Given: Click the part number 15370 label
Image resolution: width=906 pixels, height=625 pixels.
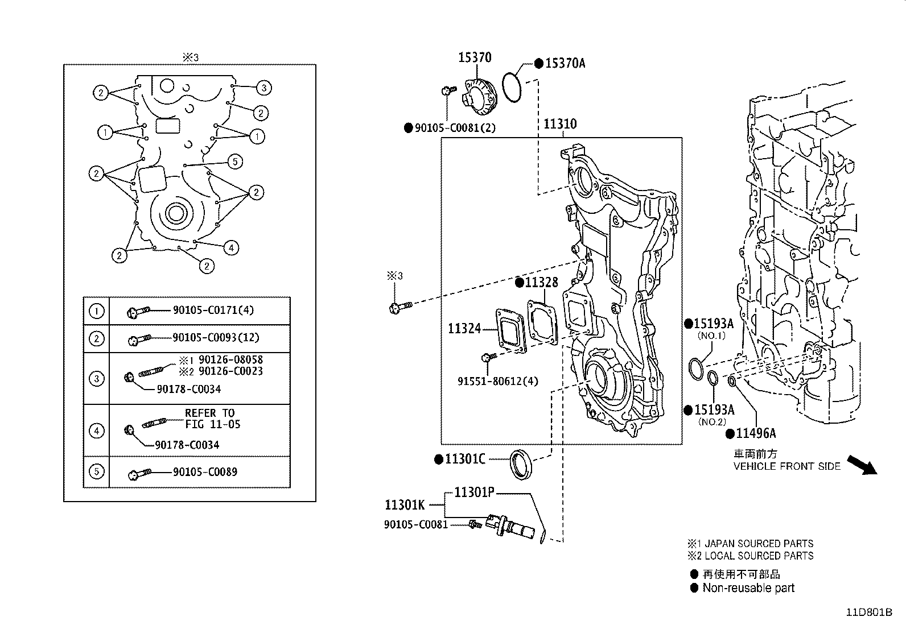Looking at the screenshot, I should coord(475,57).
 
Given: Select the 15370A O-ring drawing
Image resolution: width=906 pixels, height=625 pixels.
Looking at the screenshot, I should coord(512,88).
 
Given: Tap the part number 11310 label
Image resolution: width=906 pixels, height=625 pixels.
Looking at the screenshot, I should coord(560,124).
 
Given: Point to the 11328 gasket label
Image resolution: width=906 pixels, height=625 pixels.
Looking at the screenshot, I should coord(541,283).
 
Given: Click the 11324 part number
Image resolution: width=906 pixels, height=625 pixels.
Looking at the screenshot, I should coord(464,328).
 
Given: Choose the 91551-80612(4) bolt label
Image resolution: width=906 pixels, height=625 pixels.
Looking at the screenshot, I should coord(497,381).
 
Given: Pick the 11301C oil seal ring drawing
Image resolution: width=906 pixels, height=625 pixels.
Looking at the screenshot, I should coord(521,464).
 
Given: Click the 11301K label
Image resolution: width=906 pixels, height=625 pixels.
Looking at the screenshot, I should coord(405,504).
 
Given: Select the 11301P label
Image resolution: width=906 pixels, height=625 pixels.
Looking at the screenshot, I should coord(474,492).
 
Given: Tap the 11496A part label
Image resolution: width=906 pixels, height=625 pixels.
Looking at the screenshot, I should coord(756,433).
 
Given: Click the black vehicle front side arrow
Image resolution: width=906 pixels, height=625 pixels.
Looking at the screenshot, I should coord(862,465).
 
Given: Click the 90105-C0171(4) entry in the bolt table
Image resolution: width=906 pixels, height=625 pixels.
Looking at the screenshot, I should coord(213,311).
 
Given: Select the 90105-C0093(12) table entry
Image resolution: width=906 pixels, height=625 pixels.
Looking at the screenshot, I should coord(216,338).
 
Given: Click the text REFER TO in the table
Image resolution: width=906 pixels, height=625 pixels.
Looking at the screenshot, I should coord(209,413).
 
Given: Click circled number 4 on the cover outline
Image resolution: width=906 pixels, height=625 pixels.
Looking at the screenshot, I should coord(231,247).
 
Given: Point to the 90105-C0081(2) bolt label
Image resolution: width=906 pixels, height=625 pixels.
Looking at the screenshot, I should coord(455,128).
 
